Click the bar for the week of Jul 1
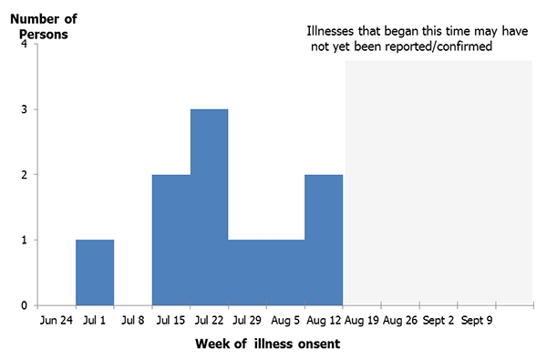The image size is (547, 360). pyautogui.click(x=95, y=272)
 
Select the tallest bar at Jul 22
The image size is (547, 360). pyautogui.click(x=209, y=207)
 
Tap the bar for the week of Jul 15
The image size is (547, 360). pyautogui.click(x=170, y=239)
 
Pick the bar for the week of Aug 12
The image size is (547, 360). pyautogui.click(x=323, y=239)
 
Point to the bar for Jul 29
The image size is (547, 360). pyautogui.click(x=247, y=272)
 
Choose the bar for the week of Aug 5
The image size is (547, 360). pyautogui.click(x=284, y=272)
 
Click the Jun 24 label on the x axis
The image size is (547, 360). pyautogui.click(x=57, y=320)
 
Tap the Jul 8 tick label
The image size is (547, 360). pyautogui.click(x=133, y=320)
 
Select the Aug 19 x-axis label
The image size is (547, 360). pyautogui.click(x=362, y=320)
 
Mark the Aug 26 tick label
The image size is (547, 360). pyautogui.click(x=400, y=320)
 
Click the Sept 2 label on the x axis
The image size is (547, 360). pyautogui.click(x=439, y=320)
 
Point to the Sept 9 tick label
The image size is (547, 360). pyautogui.click(x=478, y=320)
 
